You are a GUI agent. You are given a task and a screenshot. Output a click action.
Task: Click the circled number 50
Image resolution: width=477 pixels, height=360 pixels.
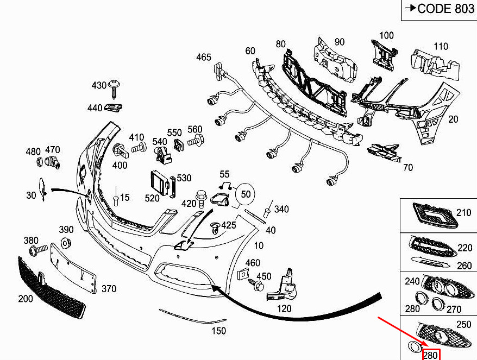[x=246, y=194]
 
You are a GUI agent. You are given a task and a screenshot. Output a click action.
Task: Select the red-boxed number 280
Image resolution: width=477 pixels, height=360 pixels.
[x=431, y=355]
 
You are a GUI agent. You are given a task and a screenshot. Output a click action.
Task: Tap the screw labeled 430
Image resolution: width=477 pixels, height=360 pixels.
[x=115, y=89]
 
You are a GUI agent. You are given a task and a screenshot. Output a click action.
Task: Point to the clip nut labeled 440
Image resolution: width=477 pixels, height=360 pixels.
[x=114, y=108]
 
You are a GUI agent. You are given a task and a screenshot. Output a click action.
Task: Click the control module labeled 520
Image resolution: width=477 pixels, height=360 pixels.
[x=160, y=184]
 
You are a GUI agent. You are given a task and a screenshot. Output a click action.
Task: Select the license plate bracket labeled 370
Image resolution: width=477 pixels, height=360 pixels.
[x=73, y=268]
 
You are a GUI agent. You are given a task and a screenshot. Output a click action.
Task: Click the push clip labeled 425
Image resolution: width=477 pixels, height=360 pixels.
[x=215, y=228]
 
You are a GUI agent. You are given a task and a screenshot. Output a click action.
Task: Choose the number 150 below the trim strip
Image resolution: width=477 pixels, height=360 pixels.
[x=218, y=331]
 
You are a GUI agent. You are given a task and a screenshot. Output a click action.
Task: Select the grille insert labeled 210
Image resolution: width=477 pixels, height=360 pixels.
[x=435, y=216]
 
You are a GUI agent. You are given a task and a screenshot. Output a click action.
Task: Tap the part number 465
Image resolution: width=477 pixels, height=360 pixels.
[x=204, y=57]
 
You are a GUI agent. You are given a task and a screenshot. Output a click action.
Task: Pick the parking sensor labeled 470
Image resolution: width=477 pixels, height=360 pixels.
[x=52, y=162]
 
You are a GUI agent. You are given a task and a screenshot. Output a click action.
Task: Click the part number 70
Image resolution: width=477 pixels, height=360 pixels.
[x=408, y=168]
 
